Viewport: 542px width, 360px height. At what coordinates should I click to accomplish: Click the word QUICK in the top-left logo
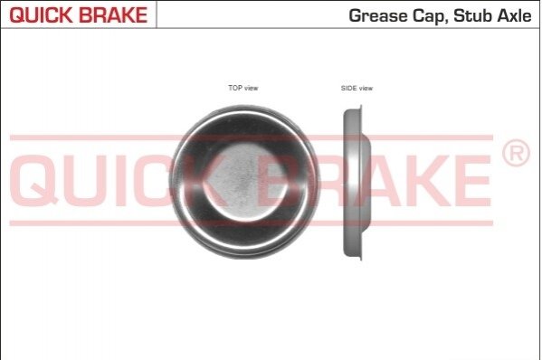point(40,14)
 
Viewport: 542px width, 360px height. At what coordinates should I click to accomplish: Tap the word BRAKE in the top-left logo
point(113,14)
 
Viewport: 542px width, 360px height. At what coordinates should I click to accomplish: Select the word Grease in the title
point(378,15)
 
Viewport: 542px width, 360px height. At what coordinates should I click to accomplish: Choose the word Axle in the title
point(514,15)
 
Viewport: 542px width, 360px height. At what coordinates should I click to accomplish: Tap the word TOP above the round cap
point(235,88)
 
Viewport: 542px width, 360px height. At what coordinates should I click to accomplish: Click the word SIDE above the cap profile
point(348,88)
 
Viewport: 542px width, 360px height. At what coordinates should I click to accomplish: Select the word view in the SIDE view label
point(366,88)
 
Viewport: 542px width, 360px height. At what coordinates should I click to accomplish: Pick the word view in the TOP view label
point(251,88)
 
